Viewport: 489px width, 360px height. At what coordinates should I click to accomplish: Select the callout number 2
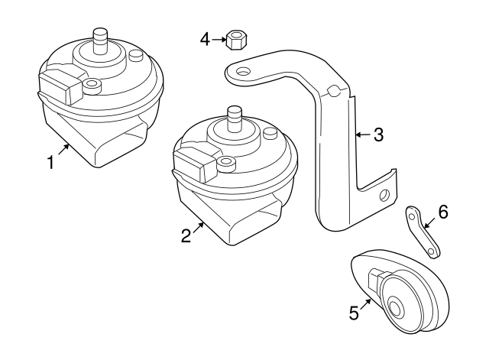click(x=186, y=236)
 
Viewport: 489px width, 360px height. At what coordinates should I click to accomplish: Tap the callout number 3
click(x=378, y=135)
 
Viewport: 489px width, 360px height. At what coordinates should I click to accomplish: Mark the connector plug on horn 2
click(x=195, y=163)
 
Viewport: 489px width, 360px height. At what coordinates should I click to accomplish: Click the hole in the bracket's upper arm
click(x=243, y=72)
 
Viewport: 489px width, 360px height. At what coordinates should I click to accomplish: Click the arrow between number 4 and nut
click(x=219, y=38)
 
